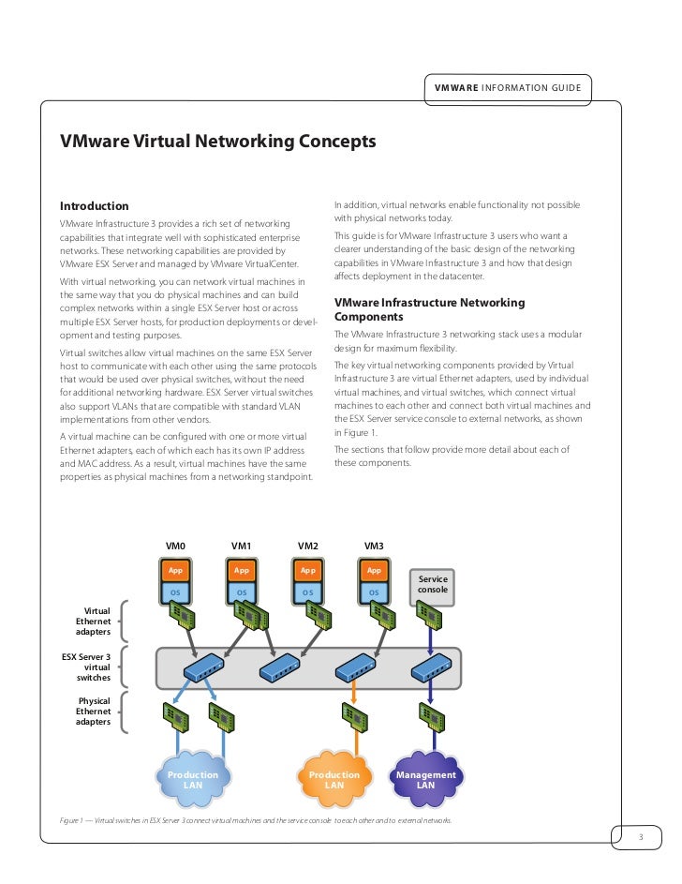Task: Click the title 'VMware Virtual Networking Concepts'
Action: pos(217,142)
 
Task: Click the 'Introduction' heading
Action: pos(94,206)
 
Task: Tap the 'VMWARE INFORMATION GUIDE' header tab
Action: pos(507,88)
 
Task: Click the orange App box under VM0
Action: pos(175,570)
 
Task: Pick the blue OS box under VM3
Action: pos(374,592)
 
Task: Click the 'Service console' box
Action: pos(432,585)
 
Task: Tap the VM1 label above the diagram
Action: pos(241,545)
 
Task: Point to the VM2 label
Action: pos(307,545)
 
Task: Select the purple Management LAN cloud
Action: pos(425,779)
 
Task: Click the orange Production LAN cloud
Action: pos(334,779)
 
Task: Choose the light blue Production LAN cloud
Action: pos(192,779)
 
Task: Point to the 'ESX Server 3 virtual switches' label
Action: pos(86,666)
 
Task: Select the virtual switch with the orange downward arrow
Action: pos(353,667)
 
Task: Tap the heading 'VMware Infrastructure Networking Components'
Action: pos(429,309)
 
